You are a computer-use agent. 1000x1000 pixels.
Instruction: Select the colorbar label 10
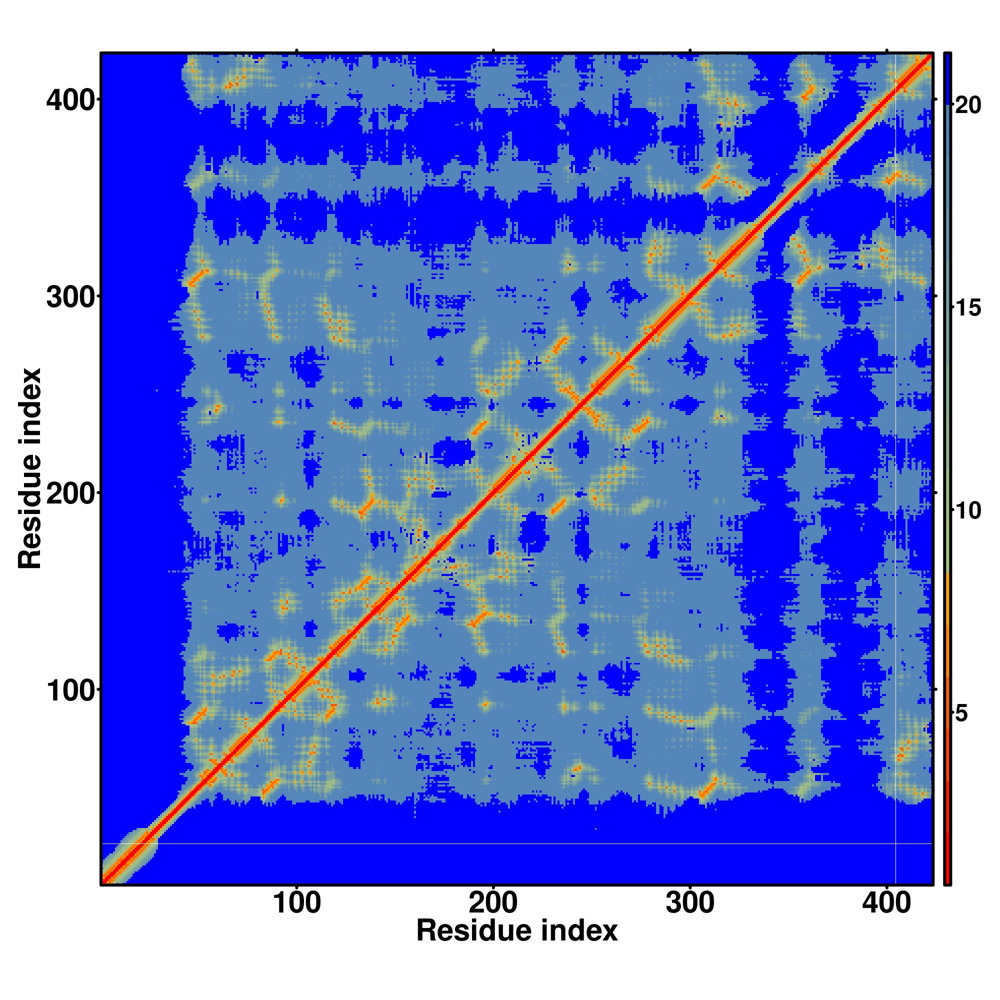click(967, 511)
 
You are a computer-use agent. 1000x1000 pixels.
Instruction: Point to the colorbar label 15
click(967, 308)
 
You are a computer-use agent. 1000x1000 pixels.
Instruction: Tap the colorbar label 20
click(967, 105)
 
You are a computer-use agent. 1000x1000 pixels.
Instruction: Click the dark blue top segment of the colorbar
click(947, 77)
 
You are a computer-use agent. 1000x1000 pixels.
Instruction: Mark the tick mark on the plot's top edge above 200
click(493, 50)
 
